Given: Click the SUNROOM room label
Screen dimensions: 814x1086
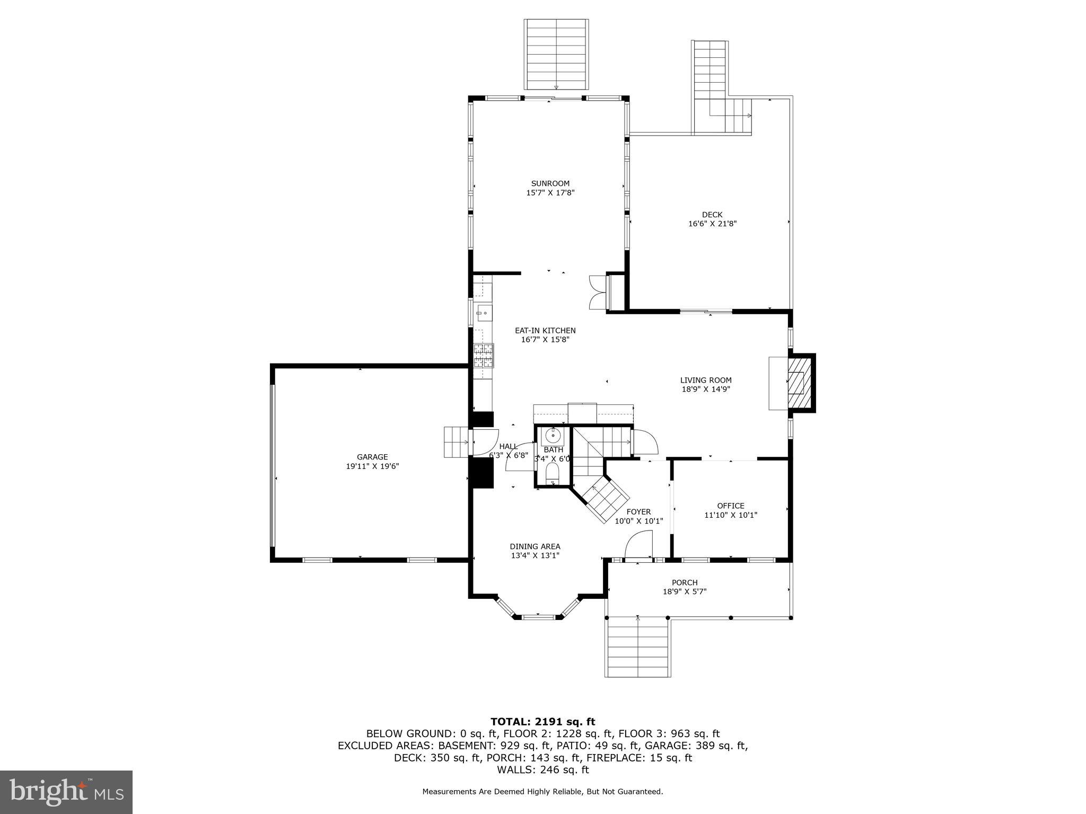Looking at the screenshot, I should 550,183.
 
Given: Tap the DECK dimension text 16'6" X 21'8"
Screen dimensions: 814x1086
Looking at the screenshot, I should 712,224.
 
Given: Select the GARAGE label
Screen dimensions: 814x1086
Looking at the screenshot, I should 372,457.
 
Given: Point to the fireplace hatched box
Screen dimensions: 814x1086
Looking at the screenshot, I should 800,382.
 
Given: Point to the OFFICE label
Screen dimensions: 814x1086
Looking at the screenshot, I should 731,506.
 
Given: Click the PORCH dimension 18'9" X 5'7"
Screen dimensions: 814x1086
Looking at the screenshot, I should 685,591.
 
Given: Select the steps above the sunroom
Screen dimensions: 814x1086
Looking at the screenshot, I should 556,54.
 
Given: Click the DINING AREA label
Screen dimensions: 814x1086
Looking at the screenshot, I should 535,546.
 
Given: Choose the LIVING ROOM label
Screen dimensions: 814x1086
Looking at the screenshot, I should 706,380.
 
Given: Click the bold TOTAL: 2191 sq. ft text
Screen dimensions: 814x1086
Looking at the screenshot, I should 542,721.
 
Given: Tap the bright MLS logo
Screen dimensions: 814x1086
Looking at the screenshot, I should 66,792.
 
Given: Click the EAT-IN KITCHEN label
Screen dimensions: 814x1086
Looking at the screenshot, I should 545,330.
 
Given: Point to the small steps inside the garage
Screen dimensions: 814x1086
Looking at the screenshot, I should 455,441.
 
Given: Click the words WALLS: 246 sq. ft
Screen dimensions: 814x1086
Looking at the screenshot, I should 542,770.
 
